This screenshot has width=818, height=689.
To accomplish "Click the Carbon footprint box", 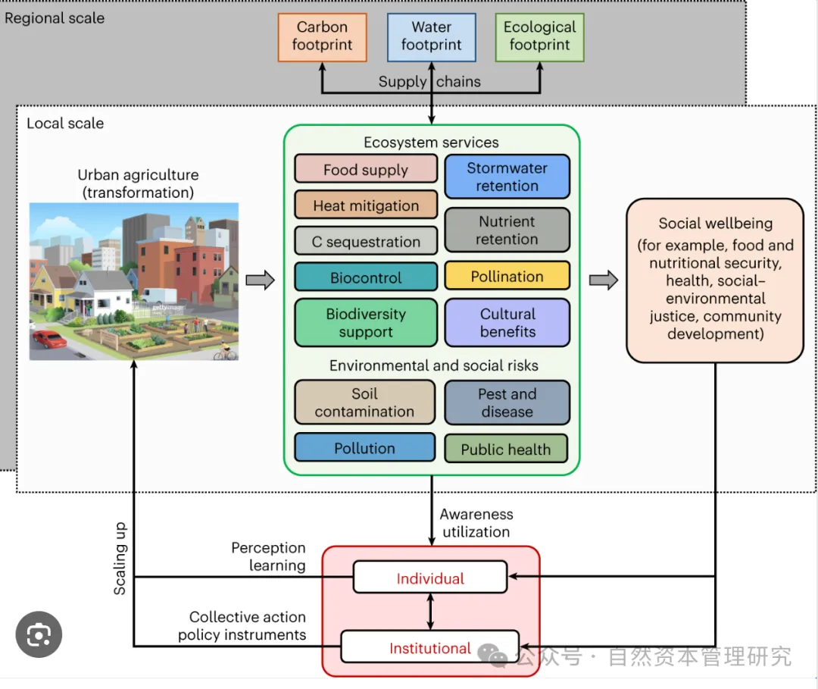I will click(323, 36).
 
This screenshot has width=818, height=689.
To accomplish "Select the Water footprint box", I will click(431, 36).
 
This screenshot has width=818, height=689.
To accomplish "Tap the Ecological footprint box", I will click(539, 36).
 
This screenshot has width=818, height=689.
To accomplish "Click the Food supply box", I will click(366, 169).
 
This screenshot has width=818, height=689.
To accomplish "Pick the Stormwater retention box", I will click(507, 177).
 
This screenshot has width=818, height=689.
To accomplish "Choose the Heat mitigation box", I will click(366, 205).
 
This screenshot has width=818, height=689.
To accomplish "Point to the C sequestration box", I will click(366, 241).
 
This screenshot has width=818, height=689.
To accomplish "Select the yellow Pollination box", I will click(507, 277).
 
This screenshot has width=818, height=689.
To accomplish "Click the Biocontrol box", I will click(366, 277).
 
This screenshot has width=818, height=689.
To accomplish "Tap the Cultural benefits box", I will click(507, 322).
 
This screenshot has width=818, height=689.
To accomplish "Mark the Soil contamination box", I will click(364, 402).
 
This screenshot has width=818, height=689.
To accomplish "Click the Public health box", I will click(506, 449).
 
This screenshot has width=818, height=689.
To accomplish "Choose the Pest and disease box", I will click(507, 402).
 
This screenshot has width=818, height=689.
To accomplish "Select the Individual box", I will click(430, 578).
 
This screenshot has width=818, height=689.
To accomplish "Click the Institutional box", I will click(429, 648).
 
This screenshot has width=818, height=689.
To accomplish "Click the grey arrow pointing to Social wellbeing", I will click(604, 280).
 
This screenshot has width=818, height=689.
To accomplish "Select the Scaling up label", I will click(120, 559).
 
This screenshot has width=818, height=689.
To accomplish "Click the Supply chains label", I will click(429, 82).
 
